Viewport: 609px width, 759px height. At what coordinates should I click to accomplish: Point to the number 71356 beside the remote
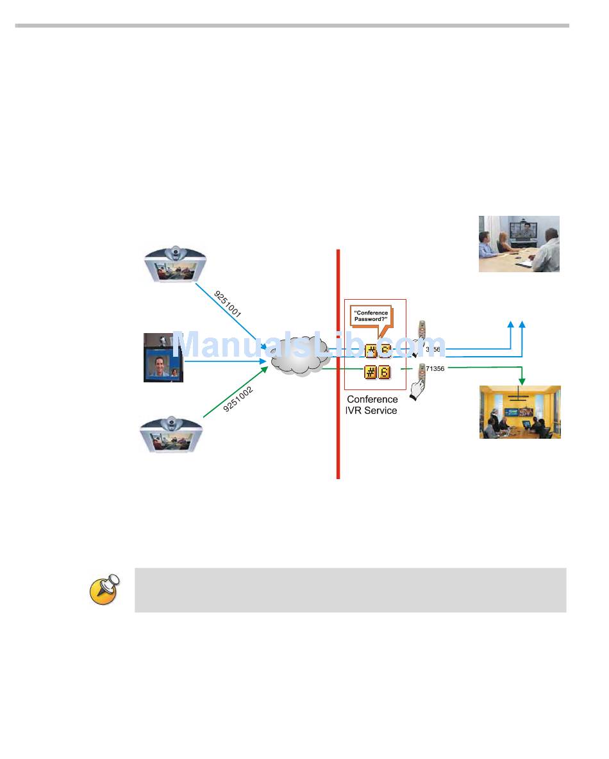(435, 368)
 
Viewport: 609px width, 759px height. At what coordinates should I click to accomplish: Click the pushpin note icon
(103, 589)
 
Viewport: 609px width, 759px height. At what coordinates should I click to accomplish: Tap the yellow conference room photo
(520, 412)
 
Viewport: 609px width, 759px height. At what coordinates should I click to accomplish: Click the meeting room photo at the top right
(519, 243)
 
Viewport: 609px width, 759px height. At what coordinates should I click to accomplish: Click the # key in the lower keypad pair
(371, 371)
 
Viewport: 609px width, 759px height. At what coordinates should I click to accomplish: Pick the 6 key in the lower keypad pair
(384, 371)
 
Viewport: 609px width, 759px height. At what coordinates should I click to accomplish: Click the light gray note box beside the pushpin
(350, 589)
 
